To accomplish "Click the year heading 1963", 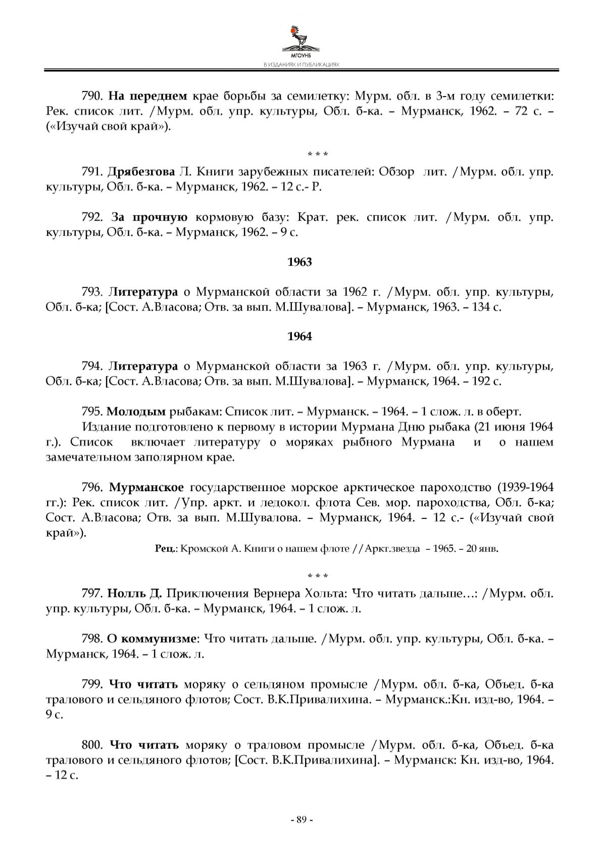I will [299, 262].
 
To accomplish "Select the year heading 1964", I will [299, 337].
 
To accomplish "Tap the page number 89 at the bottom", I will [301, 820].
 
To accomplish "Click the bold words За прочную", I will [149, 217].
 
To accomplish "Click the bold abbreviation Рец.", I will [165, 548].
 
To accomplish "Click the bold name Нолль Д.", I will [135, 593].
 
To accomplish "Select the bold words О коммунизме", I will [152, 639].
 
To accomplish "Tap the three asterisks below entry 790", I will [318, 154].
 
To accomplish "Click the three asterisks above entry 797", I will [318, 576].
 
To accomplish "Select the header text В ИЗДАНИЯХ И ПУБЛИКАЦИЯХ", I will [301, 65].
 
